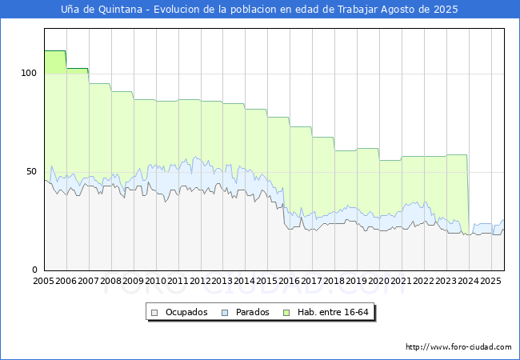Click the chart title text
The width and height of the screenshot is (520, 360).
tap(259, 10)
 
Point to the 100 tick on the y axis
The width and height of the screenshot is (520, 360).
tap(30, 73)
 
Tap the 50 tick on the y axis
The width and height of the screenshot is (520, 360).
tap(32, 171)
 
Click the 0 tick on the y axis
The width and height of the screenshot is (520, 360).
tap(34, 270)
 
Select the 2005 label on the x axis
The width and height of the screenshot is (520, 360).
tap(44, 282)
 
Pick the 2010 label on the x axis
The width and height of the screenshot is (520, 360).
tap(155, 282)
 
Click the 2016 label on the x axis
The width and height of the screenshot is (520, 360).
tap(290, 282)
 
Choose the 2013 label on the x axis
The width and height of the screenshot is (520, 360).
tap(222, 282)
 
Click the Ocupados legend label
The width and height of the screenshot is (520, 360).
tap(186, 312)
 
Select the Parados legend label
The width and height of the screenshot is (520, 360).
tap(251, 312)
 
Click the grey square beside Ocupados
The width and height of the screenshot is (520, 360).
tap(155, 312)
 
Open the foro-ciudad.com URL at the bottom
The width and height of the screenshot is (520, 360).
tap(458, 347)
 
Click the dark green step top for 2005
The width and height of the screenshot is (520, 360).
tap(54, 51)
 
